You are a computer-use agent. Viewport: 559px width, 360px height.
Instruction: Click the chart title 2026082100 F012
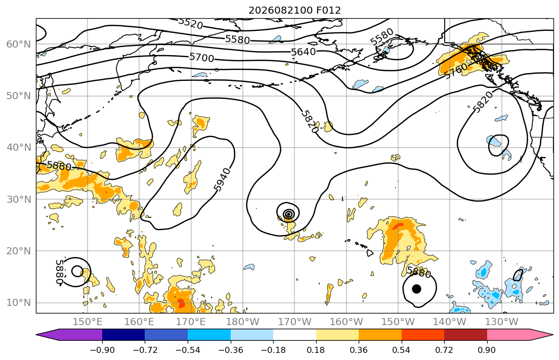pos(294,10)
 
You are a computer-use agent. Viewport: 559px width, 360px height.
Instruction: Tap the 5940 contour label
pos(223,179)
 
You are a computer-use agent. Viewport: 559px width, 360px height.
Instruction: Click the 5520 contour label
pos(190,23)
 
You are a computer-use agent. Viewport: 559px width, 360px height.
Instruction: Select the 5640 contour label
pos(304,52)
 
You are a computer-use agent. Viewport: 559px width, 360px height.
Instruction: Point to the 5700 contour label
pos(201,57)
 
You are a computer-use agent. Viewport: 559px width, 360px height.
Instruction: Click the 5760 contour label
pos(456,70)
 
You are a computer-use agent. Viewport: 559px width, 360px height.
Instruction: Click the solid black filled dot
pos(416,289)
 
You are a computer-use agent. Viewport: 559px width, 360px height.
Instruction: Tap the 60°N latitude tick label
pos(19,44)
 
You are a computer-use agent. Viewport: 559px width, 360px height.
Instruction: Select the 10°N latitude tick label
pos(19,303)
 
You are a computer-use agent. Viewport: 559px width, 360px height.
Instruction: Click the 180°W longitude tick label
pos(243,322)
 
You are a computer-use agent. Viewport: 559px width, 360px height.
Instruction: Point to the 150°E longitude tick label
pos(88,322)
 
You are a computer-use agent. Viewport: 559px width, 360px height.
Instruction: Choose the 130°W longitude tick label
pos(501,322)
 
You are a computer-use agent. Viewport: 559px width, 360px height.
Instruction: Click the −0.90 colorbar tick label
pos(102,350)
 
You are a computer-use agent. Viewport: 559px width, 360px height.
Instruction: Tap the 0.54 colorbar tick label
pos(402,350)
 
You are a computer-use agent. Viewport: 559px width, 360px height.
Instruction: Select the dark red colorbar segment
pos(465,335)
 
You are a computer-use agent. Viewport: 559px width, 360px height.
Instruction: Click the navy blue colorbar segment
pos(123,335)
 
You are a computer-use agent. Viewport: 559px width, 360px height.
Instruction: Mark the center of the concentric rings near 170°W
pos(289,214)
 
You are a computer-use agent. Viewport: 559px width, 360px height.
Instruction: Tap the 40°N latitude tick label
pos(19,148)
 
